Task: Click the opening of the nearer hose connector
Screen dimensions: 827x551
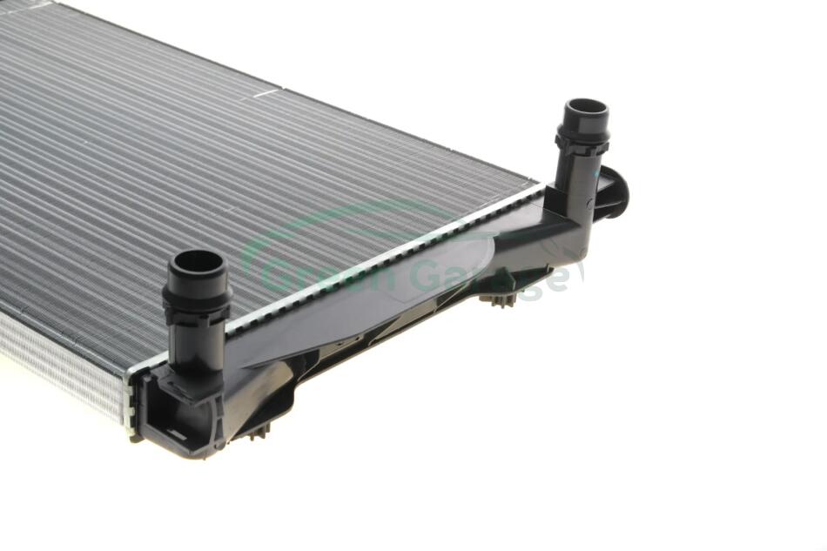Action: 198,262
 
